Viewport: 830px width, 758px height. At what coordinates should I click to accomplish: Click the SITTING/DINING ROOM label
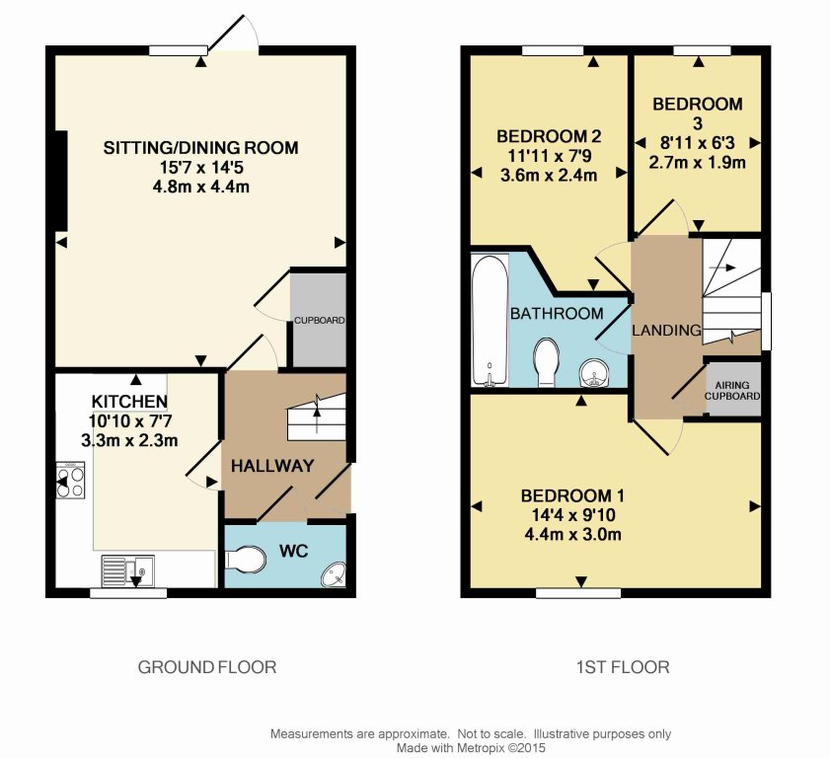coord(200,148)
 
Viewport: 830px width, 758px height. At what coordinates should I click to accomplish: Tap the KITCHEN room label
coord(129,401)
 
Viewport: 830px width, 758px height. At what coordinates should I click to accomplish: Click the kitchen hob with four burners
coord(70,480)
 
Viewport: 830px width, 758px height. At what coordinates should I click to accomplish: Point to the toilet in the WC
coord(247,560)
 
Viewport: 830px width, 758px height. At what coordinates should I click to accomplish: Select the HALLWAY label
coord(272,465)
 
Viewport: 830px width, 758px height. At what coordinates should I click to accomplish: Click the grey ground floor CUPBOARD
coord(318,320)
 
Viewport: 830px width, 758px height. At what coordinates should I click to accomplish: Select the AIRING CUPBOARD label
coord(732,390)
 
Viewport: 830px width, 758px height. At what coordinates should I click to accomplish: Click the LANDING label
coord(666,330)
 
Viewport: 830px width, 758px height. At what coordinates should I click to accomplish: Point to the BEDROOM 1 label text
coord(572,495)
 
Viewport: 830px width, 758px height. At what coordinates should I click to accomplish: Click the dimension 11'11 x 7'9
coord(549,156)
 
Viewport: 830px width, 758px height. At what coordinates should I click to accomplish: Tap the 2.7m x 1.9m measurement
coord(697,162)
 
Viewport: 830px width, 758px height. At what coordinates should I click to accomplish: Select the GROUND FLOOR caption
coord(206,667)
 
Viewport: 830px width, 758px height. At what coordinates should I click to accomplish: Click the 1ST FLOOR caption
coord(622,667)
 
